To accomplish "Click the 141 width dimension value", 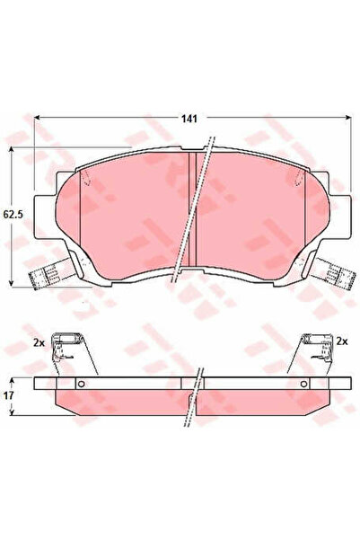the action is [189, 119].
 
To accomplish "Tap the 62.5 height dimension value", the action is [13, 215].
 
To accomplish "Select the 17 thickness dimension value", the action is [9, 395].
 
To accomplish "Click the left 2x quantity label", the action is [39, 342].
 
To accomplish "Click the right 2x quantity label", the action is [342, 341].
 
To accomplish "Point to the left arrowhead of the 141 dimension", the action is [37, 118].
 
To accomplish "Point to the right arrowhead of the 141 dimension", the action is [348, 118].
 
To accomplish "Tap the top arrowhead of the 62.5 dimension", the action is [12, 150].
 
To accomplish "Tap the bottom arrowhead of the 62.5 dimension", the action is [12, 282].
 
